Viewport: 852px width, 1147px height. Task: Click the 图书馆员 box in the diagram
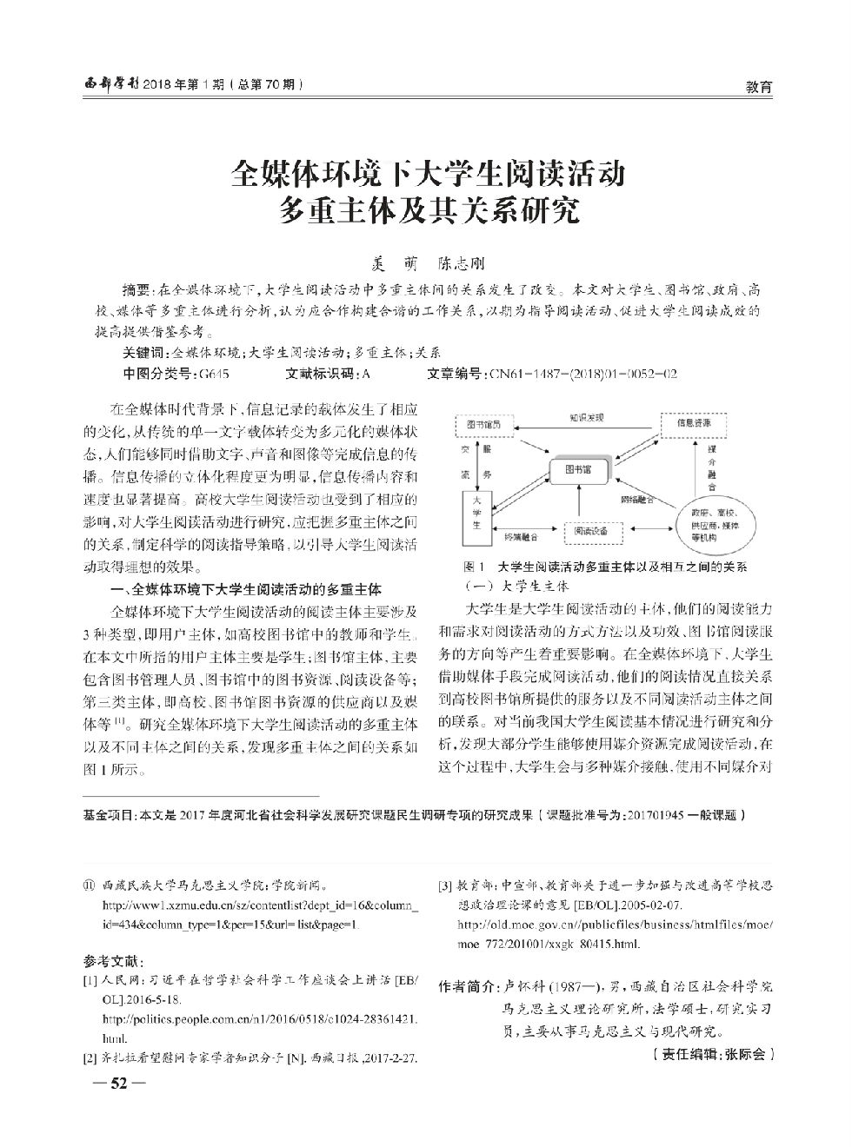click(x=483, y=424)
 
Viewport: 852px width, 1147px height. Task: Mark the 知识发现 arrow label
click(x=587, y=417)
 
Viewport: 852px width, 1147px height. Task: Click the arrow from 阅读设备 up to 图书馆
click(x=578, y=506)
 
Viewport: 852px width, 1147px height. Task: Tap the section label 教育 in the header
click(x=759, y=86)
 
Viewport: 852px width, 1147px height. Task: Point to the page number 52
click(x=113, y=1083)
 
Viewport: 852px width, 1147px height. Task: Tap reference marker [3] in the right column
click(x=445, y=887)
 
